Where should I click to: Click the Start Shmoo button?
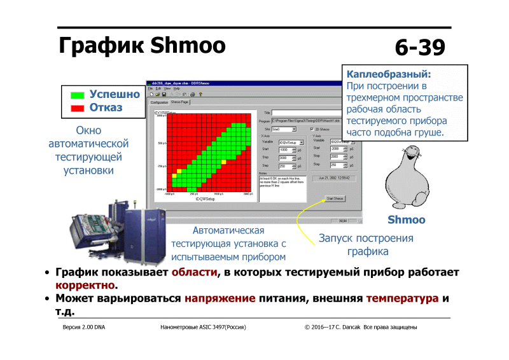[x=335, y=198]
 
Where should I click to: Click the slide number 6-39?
[x=419, y=47]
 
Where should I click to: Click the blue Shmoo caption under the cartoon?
[x=407, y=220]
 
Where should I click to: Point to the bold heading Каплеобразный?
[x=389, y=74]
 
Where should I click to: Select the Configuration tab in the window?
[x=159, y=102]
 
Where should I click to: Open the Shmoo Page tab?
[x=180, y=102]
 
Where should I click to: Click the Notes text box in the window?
[x=282, y=184]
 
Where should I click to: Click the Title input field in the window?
[x=312, y=112]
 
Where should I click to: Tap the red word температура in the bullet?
[x=402, y=298]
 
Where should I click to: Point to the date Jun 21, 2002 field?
[x=335, y=178]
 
